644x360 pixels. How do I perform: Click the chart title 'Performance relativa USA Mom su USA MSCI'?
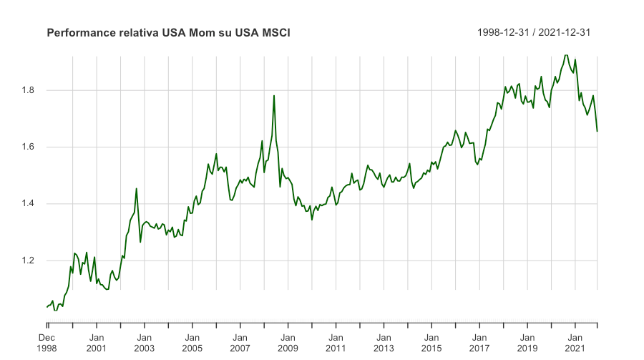point(168,33)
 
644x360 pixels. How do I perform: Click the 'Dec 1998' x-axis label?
point(47,342)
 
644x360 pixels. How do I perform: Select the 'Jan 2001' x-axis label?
point(97,342)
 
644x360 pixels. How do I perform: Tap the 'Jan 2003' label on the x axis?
point(145,342)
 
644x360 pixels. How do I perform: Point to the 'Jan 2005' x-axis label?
point(192,342)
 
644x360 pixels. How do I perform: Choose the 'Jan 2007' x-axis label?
point(240,342)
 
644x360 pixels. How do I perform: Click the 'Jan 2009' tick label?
point(288,342)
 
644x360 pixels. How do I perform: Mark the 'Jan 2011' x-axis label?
point(336,342)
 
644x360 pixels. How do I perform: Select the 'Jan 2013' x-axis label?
point(384,342)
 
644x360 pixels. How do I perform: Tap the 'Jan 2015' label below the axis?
point(432,342)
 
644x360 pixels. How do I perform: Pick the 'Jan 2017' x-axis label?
point(480,342)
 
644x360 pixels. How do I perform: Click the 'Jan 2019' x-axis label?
point(528,342)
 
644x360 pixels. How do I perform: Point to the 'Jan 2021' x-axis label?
point(576,342)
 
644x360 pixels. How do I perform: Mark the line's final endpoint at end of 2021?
point(597,131)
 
